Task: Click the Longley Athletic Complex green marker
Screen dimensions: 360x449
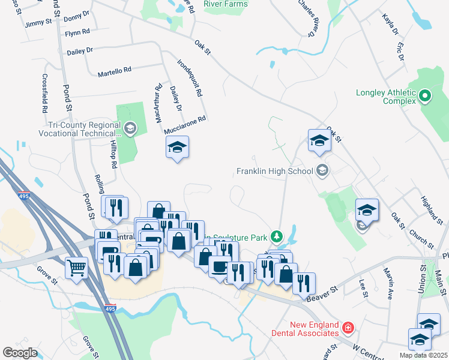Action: point(425,95)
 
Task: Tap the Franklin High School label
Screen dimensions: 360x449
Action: point(275,172)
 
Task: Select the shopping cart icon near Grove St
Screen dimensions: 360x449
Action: point(77,268)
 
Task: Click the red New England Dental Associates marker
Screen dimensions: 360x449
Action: point(348,328)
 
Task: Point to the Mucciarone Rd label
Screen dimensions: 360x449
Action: point(185,119)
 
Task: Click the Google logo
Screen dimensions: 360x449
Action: point(20,353)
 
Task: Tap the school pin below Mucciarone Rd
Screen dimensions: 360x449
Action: point(177,147)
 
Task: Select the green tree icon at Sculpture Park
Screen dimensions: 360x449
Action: point(276,235)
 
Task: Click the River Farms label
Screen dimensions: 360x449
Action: point(225,4)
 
